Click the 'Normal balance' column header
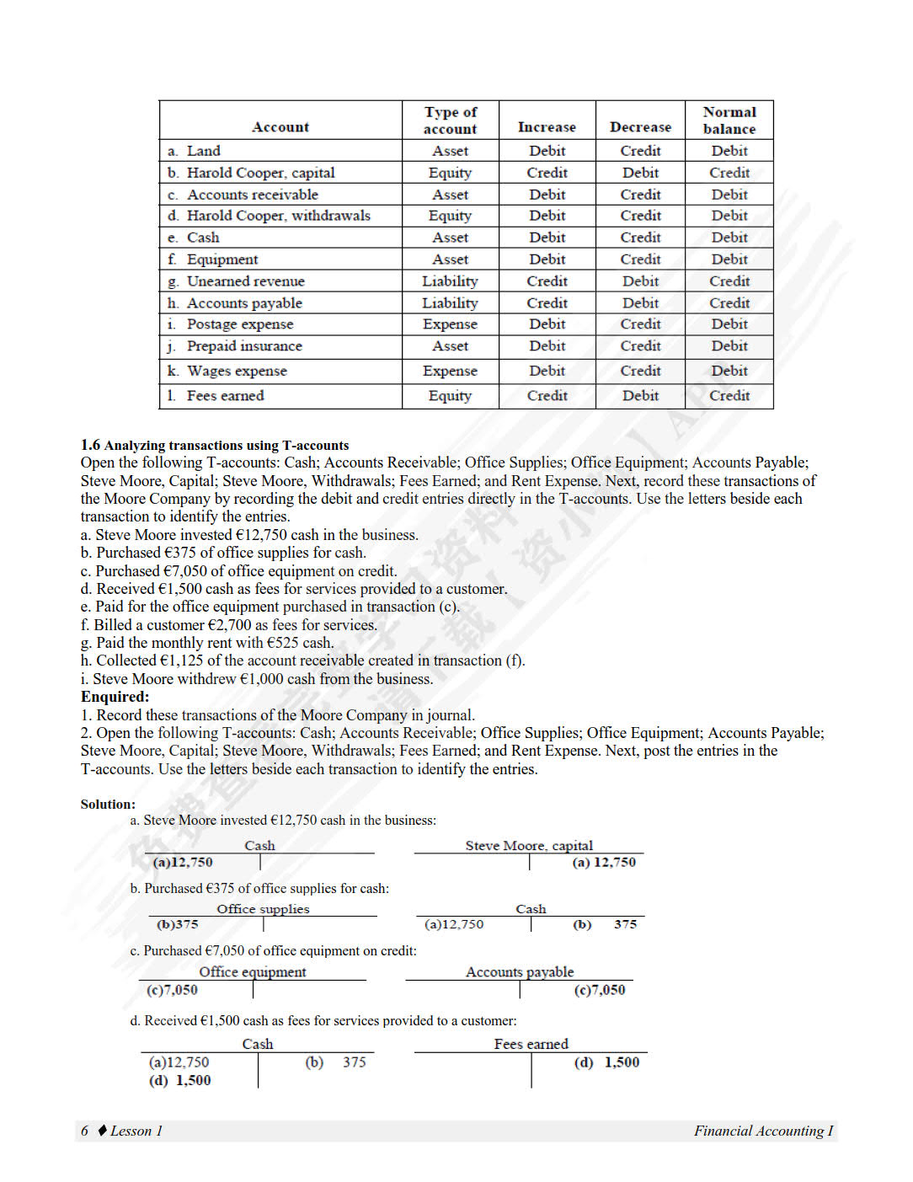729,120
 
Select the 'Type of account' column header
450,120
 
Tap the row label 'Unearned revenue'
245,281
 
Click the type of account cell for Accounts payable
450,303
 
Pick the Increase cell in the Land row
547,151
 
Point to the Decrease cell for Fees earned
640,396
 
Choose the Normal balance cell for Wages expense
729,371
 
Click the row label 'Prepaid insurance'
244,346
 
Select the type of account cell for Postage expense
450,324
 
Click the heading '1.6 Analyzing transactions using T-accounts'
215,445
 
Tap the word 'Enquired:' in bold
115,697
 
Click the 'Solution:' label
108,805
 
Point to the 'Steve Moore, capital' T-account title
529,845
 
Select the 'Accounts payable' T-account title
520,971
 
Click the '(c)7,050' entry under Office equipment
172,990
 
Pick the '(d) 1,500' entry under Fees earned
606,1062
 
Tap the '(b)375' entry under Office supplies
178,924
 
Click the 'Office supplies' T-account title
263,908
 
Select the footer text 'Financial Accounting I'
763,1131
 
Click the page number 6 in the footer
84,1131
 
